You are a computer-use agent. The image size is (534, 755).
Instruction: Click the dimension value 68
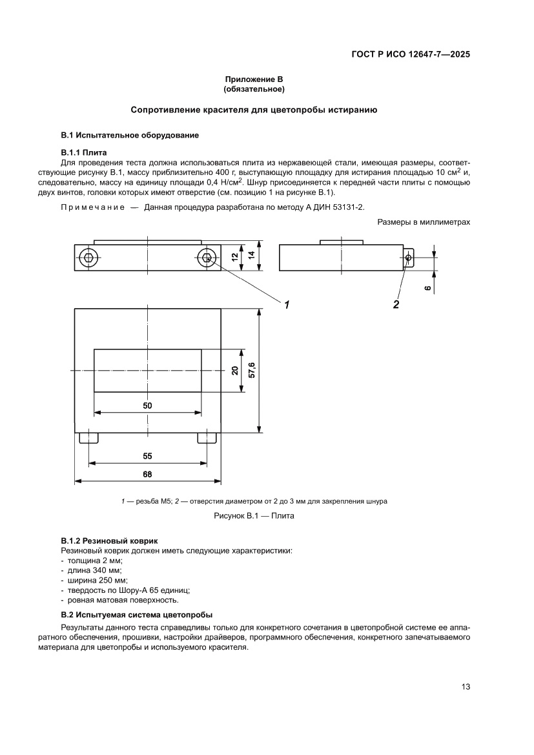pos(147,474)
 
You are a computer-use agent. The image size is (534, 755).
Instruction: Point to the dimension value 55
pos(147,456)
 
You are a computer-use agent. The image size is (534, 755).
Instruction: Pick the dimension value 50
pos(147,405)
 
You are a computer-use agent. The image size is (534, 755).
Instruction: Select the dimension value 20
pos(235,371)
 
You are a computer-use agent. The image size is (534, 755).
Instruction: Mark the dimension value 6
pos(428,288)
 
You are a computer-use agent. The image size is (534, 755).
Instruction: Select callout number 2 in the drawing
pos(396,303)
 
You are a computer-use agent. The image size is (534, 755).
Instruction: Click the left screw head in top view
pos(88,258)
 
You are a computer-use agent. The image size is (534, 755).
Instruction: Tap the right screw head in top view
pos(206,258)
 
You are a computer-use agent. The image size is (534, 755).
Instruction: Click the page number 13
pos(465,687)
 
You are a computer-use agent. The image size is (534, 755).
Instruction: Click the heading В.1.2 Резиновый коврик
pos(109,540)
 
